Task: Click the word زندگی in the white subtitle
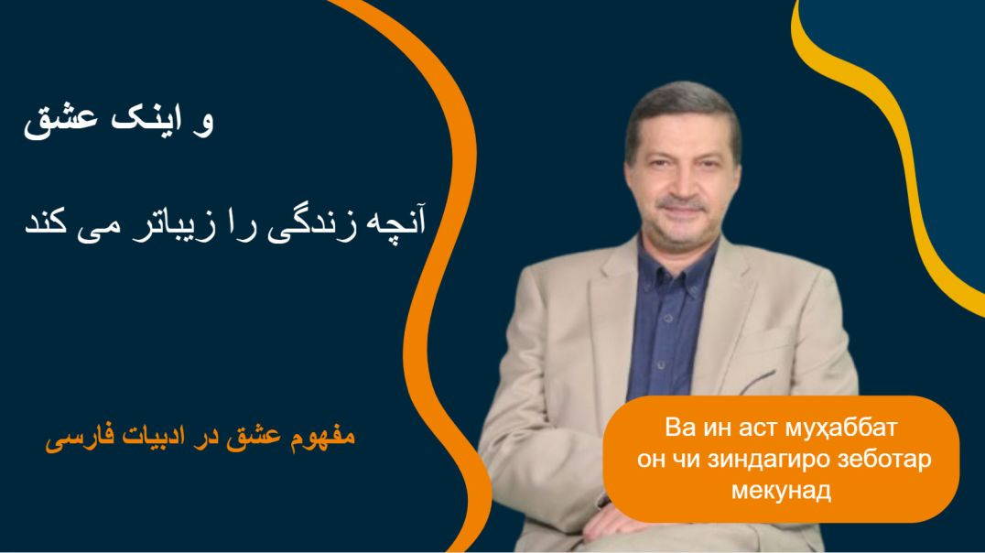tap(312, 225)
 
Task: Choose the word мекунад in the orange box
tap(781, 490)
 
